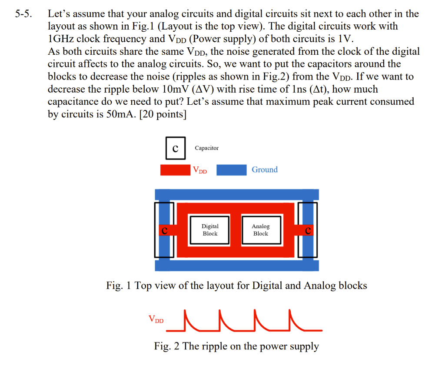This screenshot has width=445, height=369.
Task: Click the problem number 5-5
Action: pyautogui.click(x=24, y=14)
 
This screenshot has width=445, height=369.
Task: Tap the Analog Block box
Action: pyautogui.click(x=260, y=230)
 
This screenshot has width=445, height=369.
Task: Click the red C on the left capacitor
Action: pyautogui.click(x=164, y=230)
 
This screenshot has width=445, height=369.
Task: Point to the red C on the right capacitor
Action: pyautogui.click(x=308, y=230)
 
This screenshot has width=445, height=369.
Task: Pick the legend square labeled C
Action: pyautogui.click(x=175, y=148)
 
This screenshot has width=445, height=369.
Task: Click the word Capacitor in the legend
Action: pyautogui.click(x=206, y=148)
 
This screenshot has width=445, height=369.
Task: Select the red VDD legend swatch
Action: pyautogui.click(x=176, y=170)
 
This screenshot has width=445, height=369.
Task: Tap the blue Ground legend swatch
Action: pyautogui.click(x=231, y=170)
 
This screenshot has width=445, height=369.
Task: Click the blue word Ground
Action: pyautogui.click(x=264, y=170)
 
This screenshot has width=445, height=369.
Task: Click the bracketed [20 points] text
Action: pyautogui.click(x=163, y=115)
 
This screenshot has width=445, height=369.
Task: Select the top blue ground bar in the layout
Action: pyautogui.click(x=237, y=194)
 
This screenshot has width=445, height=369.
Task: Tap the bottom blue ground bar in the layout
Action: pyautogui.click(x=237, y=265)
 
